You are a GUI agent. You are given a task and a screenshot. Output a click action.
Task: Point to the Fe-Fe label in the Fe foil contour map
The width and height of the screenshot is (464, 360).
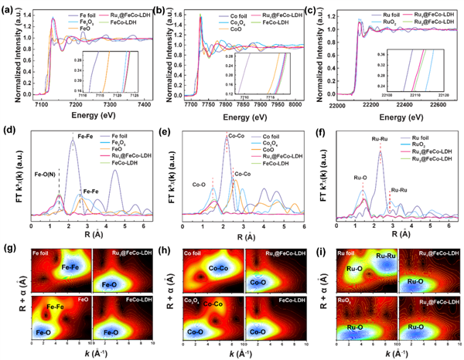pyautogui.click(x=72, y=267)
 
